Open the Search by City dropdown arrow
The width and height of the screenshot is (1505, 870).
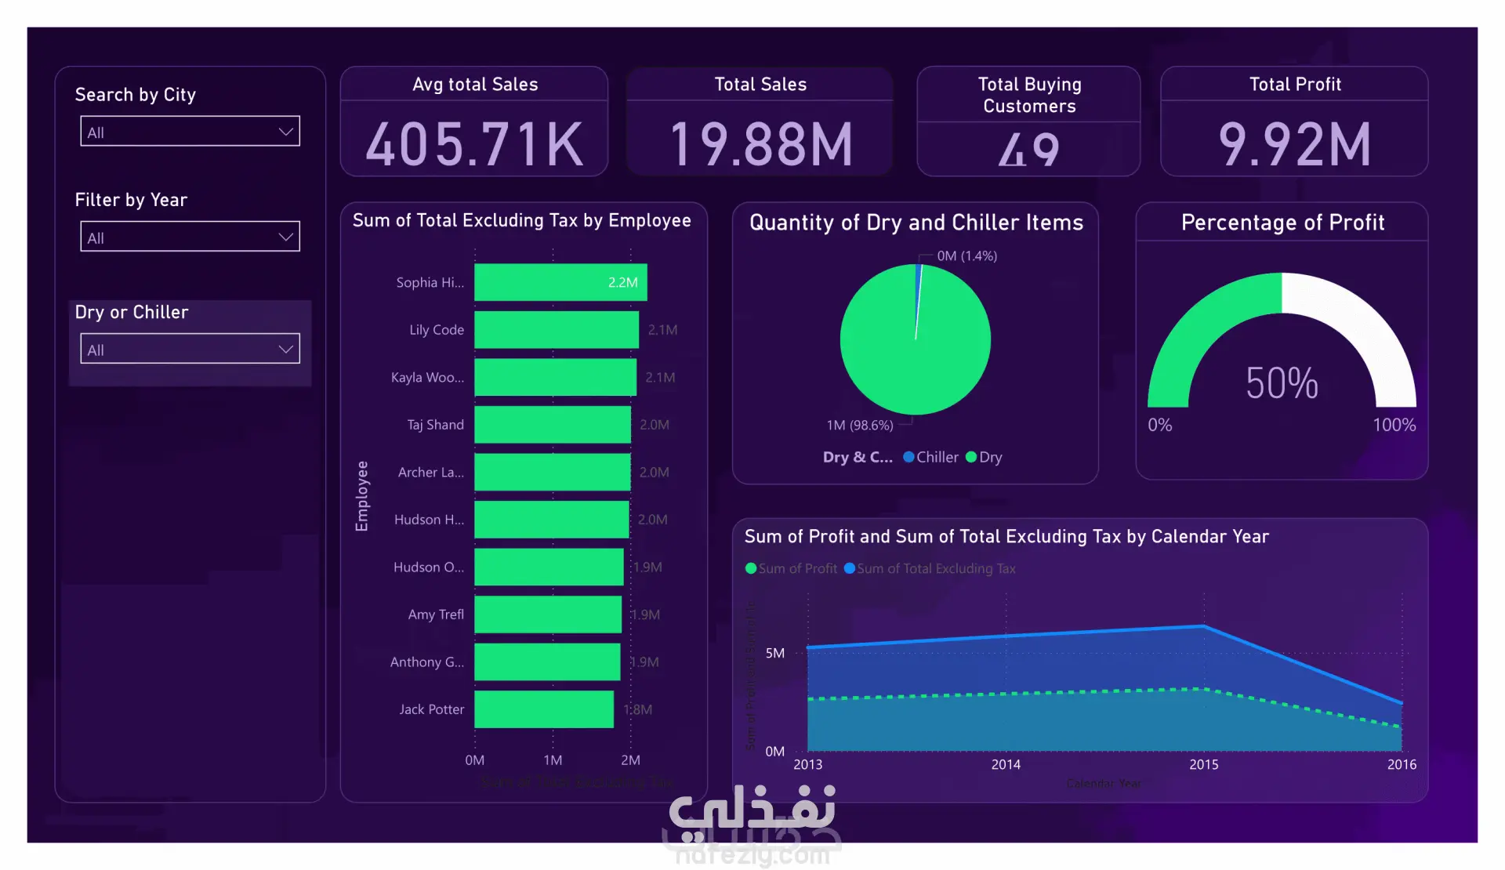pos(286,132)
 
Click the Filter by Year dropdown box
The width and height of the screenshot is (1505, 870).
pos(190,237)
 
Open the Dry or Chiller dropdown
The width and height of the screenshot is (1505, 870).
pos(190,349)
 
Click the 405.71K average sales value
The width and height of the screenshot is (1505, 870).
pos(474,145)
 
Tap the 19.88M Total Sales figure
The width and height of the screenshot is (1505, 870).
pos(760,145)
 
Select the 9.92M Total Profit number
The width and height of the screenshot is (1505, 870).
pos(1294,145)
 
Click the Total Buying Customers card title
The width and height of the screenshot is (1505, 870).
pos(1029,95)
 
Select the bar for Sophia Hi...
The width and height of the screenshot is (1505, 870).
pos(560,282)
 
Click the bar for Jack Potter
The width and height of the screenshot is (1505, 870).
pos(544,709)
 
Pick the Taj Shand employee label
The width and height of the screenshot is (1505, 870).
pos(435,425)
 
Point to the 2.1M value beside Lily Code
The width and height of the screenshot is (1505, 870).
pos(662,330)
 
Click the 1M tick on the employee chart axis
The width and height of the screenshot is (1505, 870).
pos(553,760)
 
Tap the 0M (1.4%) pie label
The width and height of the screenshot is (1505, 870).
pos(966,256)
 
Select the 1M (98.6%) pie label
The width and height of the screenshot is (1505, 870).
pos(859,426)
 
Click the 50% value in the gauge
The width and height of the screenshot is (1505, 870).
pos(1282,383)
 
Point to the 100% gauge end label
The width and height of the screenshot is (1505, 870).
pos(1394,425)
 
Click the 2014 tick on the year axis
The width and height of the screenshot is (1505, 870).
pos(1006,764)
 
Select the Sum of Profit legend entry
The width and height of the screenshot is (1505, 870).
pos(792,569)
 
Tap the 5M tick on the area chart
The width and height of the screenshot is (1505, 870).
pos(774,653)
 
